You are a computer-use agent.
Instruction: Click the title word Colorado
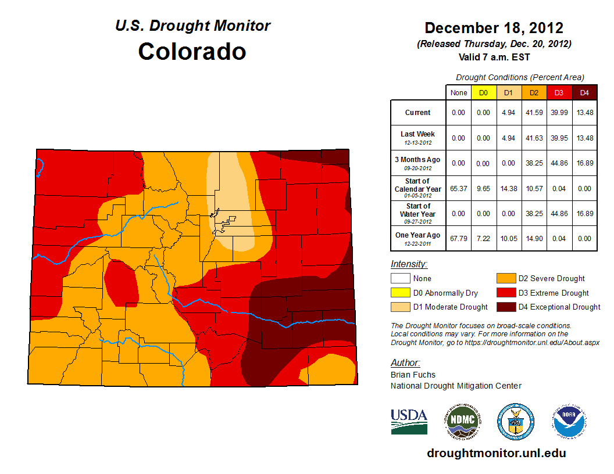(x=192, y=52)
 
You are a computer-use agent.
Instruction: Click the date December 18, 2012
(x=494, y=28)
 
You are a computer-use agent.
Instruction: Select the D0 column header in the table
(x=483, y=92)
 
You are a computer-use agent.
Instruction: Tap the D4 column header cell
(x=584, y=92)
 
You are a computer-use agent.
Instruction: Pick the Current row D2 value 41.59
(x=534, y=113)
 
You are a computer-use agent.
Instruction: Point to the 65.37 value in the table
(x=458, y=188)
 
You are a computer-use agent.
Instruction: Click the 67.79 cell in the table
(x=458, y=238)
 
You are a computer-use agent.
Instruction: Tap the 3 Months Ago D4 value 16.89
(x=584, y=163)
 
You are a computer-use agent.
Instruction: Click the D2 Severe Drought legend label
(x=552, y=279)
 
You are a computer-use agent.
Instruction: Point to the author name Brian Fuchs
(x=413, y=375)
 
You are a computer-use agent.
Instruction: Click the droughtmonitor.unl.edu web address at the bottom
(x=496, y=453)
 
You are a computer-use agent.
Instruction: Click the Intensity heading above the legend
(x=409, y=264)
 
